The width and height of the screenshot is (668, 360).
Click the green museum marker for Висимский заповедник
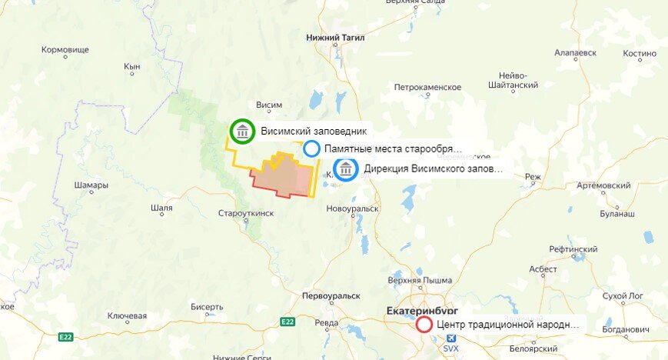pos(242,132)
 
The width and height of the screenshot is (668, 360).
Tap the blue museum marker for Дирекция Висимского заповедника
pos(346,169)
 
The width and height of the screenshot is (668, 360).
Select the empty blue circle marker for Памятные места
pos(311,148)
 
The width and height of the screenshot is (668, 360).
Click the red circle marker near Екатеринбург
pos(424,325)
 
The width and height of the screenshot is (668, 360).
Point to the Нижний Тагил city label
pos(335,37)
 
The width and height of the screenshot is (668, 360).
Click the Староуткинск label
pos(246,213)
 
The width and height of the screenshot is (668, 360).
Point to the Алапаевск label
pos(575,54)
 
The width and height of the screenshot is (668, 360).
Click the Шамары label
pos(91,185)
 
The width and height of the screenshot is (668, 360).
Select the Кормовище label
pos(65,49)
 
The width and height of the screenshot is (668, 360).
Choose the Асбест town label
pos(543,270)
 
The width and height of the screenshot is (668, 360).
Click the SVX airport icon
pos(450,338)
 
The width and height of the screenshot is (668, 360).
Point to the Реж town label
pos(533,177)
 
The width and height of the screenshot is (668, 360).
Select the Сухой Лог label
pos(620,295)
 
